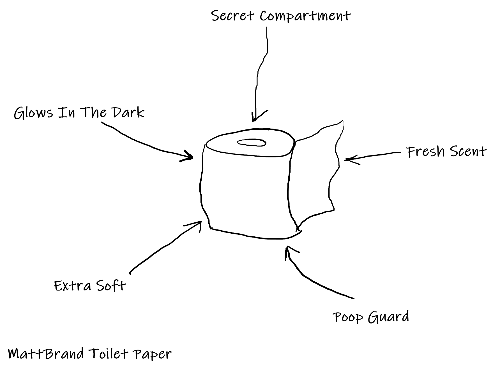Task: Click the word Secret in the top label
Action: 232,16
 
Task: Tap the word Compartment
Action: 305,16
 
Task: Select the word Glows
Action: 33,113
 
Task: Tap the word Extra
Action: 72,286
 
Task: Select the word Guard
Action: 388,317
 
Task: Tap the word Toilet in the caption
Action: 109,354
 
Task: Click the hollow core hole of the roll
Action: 252,143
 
